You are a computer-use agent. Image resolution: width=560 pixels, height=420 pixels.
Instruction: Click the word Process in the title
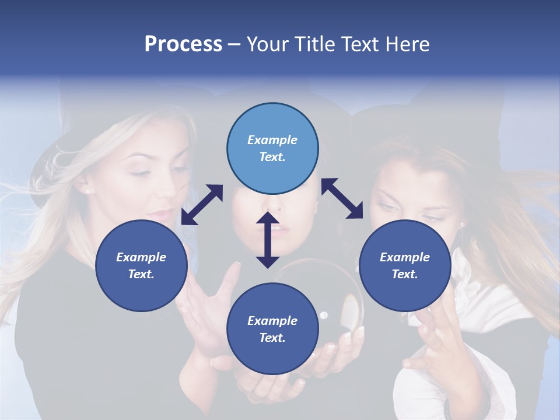tap(183, 44)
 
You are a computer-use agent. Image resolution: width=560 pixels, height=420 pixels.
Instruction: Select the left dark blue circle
tap(141, 265)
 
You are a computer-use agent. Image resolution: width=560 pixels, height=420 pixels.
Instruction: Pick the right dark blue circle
tap(405, 265)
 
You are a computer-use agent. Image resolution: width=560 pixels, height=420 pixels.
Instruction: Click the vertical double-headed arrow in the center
tap(268, 240)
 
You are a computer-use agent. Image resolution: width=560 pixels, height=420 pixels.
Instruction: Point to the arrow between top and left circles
tap(202, 205)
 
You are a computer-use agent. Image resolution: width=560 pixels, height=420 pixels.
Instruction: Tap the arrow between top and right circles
tap(342, 198)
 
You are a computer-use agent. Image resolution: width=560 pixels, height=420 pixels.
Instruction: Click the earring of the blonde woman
tap(87, 191)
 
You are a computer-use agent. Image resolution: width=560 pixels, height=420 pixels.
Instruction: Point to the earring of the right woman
tap(461, 224)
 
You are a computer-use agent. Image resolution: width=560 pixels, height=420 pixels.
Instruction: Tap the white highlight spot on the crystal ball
tap(323, 316)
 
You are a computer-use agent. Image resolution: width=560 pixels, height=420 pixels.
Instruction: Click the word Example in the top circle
tap(272, 140)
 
